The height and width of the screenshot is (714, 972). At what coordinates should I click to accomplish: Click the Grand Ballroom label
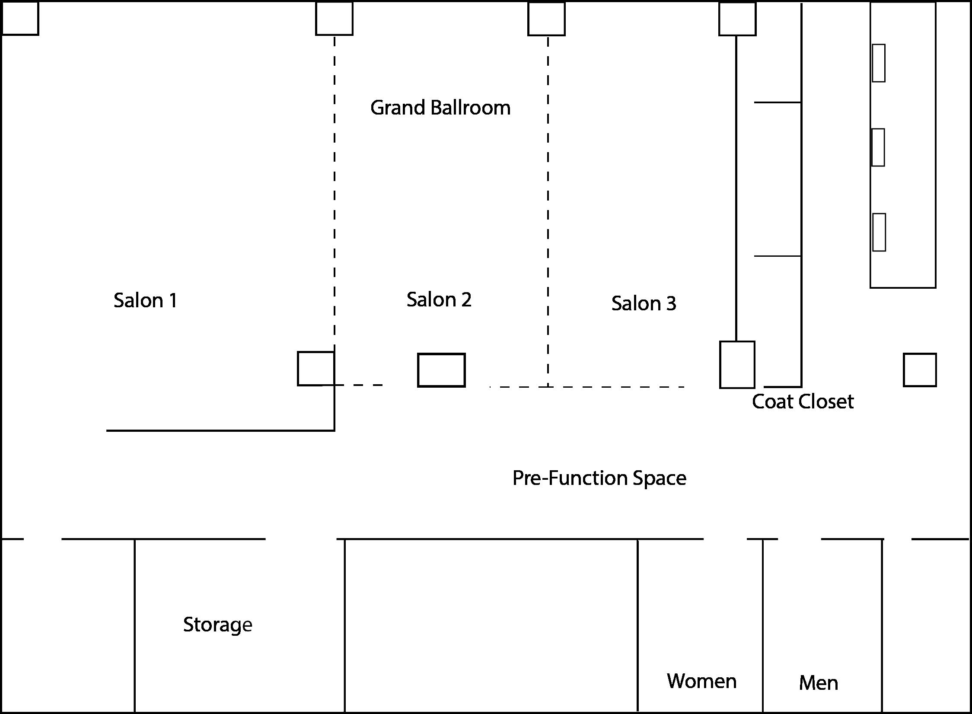pos(440,108)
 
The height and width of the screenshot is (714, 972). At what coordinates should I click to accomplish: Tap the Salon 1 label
pos(145,300)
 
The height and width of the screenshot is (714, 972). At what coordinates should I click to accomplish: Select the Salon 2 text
pos(439,300)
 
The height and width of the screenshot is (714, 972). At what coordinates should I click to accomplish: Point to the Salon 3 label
pos(644,303)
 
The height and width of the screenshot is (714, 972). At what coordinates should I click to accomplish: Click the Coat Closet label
pos(803,402)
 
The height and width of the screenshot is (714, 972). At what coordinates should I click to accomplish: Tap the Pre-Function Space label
pos(599,478)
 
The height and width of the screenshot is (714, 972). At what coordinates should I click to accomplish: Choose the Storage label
pos(217,625)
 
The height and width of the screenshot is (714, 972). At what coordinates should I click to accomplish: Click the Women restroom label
pos(701,681)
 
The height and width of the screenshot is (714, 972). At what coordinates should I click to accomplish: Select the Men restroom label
pos(818,683)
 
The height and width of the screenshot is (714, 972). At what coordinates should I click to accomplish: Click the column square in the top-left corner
pos(20,18)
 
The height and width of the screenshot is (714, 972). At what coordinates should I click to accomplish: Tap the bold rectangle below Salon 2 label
pos(441,370)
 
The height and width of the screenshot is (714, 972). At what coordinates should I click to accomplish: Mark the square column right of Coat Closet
pos(920,370)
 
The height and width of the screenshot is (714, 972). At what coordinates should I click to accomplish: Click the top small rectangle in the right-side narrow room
pos(878,63)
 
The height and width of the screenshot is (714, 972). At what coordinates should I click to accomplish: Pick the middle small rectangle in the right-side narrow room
pos(878,147)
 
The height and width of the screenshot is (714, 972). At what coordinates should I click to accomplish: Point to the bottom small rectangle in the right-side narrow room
pos(879,232)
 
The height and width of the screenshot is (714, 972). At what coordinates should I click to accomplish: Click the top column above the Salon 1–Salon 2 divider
pos(334,19)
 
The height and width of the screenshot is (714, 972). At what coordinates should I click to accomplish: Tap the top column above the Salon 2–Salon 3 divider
pos(546,19)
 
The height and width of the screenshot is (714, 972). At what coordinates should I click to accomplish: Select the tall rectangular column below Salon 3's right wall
pos(737,365)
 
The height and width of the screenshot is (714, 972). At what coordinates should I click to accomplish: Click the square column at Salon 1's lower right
pos(316,369)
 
